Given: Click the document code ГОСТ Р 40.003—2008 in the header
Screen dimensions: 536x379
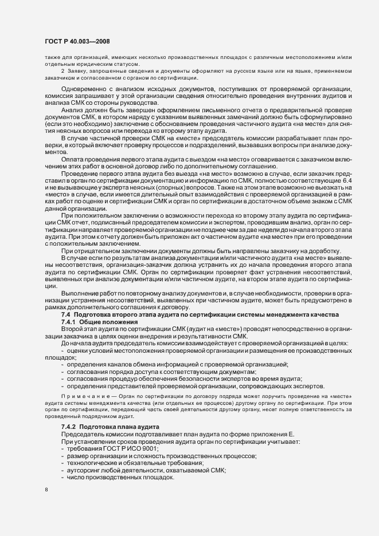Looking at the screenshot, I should point(77,41).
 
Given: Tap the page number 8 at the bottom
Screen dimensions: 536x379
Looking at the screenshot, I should point(46,491).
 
